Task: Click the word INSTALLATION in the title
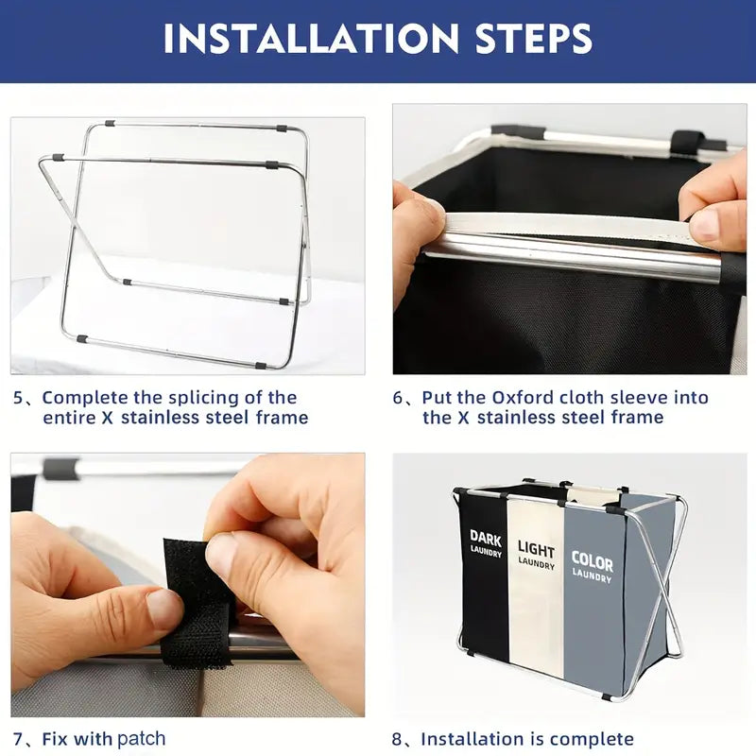[x=310, y=40]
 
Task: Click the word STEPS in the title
[x=530, y=40]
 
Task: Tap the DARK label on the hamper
[x=486, y=538]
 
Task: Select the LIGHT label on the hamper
[x=536, y=548]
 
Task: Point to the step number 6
[x=399, y=398]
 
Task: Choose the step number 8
[x=399, y=739]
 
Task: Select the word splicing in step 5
[x=209, y=398]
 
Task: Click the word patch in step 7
[x=142, y=739]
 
